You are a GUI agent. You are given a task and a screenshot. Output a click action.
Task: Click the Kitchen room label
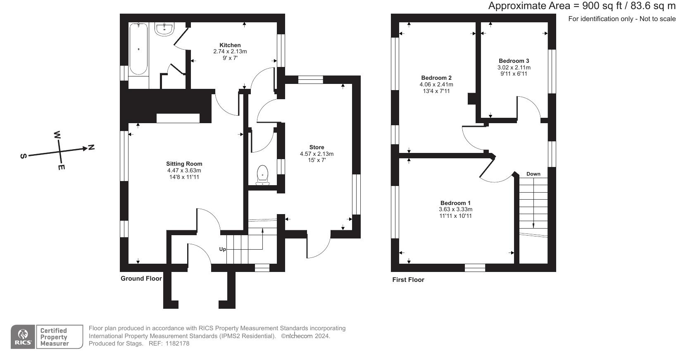click(230, 45)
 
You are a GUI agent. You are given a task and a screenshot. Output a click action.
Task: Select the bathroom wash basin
click(165, 29)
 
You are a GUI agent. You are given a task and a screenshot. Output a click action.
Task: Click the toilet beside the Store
click(262, 175)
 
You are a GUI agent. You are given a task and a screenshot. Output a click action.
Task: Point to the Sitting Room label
click(184, 164)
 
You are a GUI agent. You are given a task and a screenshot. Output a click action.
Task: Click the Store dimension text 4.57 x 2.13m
click(317, 154)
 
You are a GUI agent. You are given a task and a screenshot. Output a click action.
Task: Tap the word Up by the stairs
click(222, 249)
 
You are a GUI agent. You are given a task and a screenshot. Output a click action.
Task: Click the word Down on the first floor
click(533, 174)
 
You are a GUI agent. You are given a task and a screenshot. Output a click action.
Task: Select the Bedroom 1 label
click(455, 203)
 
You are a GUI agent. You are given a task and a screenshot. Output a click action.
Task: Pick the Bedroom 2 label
click(436, 78)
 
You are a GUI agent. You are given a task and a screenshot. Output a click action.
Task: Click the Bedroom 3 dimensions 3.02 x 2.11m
click(514, 67)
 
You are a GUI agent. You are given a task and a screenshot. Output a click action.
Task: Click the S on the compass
click(24, 156)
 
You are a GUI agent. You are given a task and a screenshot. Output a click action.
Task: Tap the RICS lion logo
click(23, 334)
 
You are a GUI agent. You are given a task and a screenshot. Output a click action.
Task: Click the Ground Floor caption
click(141, 279)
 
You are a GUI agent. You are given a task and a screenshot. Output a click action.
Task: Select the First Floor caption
click(408, 280)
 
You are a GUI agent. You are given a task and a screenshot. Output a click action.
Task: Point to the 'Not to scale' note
click(657, 19)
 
